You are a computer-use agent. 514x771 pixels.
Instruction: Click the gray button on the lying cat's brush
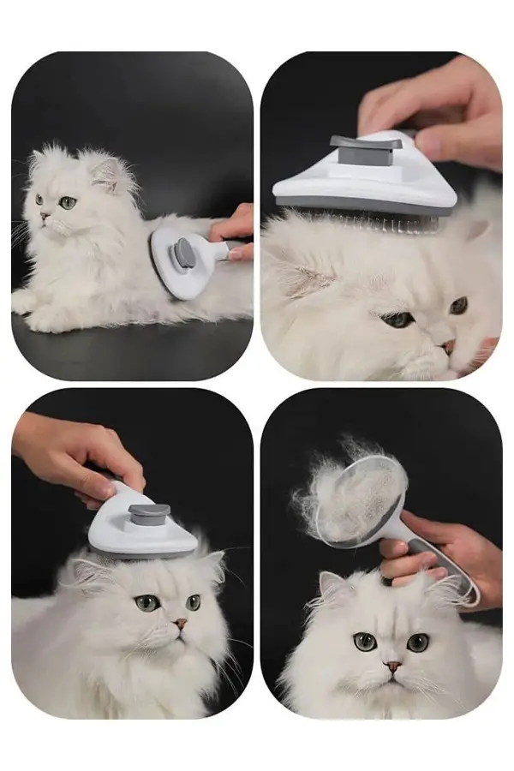coord(184,253)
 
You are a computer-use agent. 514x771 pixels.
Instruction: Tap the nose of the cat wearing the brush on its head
coord(179,625)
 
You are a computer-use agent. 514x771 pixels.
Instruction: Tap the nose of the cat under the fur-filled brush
coord(391,666)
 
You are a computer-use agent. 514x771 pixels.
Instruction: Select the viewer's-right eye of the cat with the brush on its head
coord(194,602)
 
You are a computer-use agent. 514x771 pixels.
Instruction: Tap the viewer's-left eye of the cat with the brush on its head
coord(146,603)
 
